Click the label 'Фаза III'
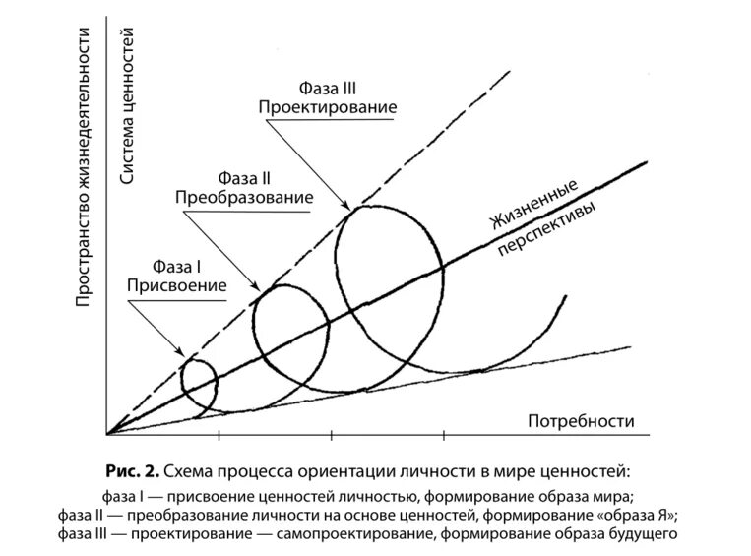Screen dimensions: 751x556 328,88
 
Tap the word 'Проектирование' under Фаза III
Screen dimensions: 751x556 328,106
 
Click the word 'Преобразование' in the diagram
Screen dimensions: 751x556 244,198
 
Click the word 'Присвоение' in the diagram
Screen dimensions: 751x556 176,285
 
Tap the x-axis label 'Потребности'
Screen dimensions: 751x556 581,421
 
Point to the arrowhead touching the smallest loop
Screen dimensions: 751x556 181,353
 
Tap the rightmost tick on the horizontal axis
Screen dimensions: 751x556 445,434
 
